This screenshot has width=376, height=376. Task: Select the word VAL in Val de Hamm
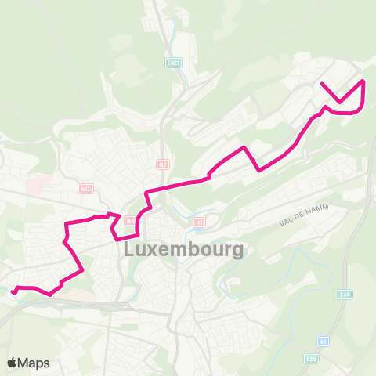[286, 223]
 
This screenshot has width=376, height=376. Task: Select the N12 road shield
[85, 188]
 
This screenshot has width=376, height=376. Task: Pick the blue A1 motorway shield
[322, 342]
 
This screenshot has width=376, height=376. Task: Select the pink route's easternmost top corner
[363, 81]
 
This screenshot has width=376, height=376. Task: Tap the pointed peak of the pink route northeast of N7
[246, 147]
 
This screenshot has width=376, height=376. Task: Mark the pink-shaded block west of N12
[35, 186]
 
